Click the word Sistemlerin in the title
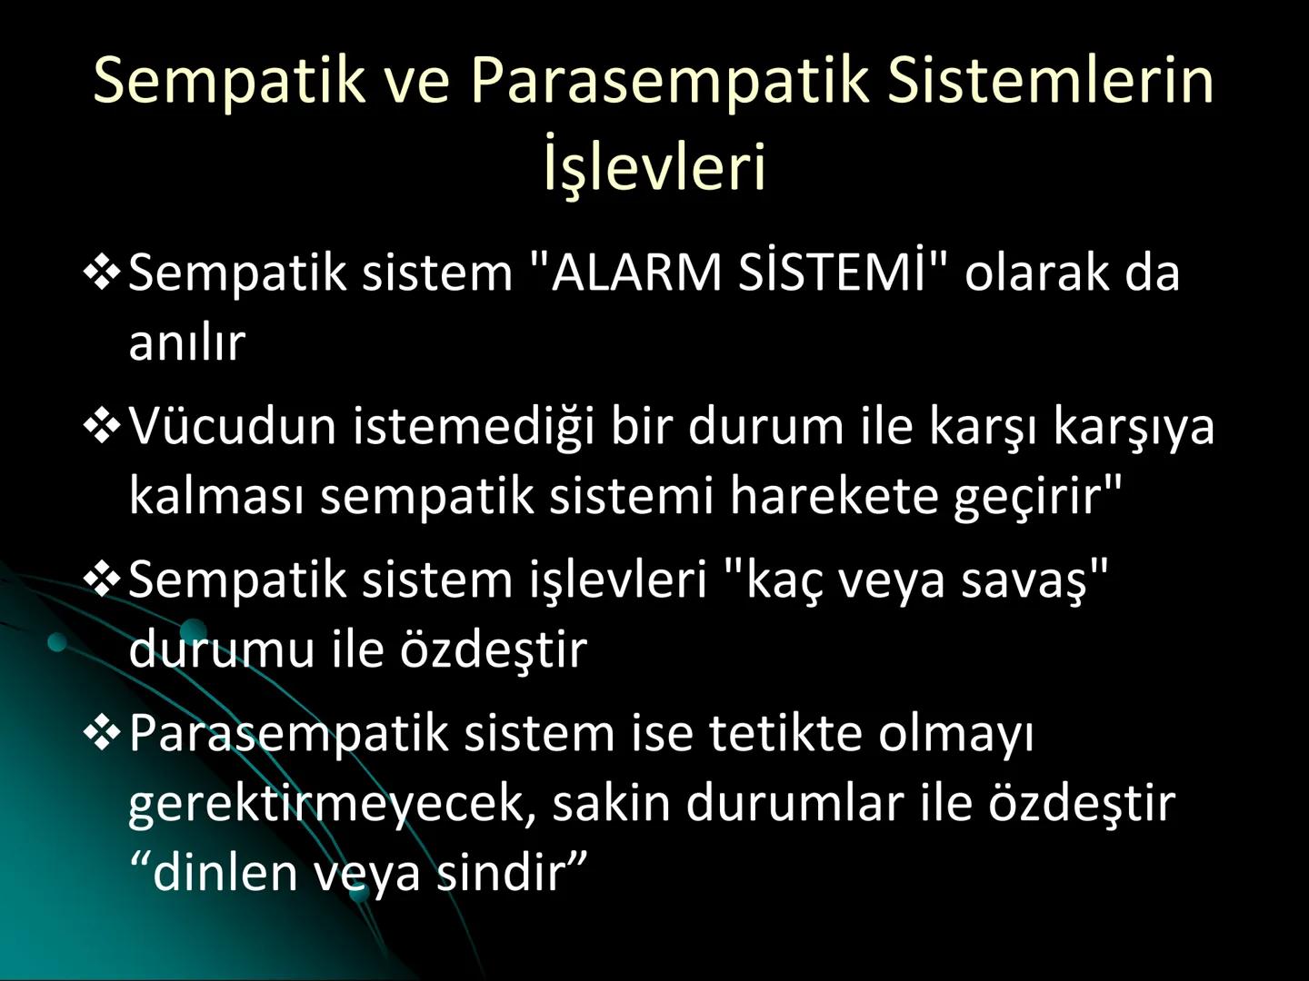tap(1051, 80)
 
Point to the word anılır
tap(187, 342)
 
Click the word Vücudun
tap(233, 426)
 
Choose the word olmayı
tap(956, 734)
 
